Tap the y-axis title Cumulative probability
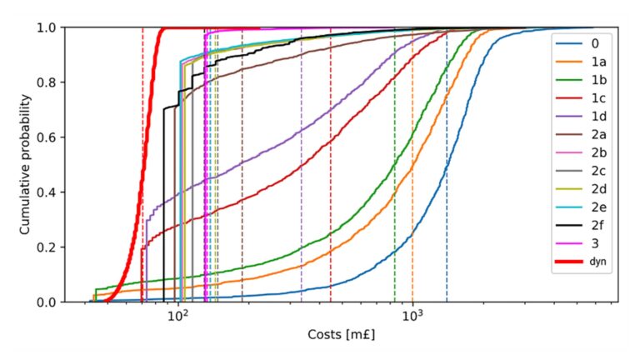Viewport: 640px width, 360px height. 27,163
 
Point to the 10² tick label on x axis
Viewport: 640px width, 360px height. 177,317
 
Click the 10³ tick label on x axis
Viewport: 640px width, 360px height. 412,317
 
